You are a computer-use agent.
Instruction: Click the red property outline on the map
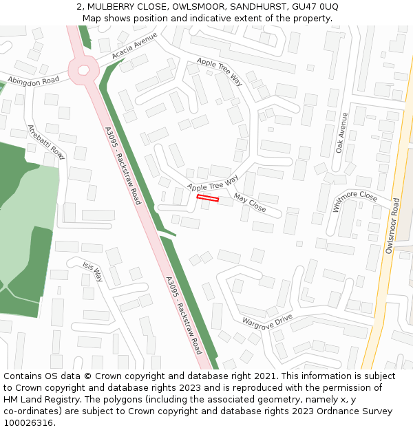208,199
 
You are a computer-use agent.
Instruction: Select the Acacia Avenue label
135,45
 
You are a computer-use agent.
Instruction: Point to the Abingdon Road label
34,80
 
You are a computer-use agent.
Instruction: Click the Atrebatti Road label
45,142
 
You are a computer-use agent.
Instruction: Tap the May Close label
249,202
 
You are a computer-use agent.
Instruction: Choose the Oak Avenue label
342,132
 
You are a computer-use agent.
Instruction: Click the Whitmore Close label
355,201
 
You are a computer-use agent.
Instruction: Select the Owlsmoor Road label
392,226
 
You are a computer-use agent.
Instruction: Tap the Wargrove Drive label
267,321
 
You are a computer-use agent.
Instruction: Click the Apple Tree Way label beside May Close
213,183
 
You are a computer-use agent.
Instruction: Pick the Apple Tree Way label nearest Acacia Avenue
220,72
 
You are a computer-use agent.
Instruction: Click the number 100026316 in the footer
28,422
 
